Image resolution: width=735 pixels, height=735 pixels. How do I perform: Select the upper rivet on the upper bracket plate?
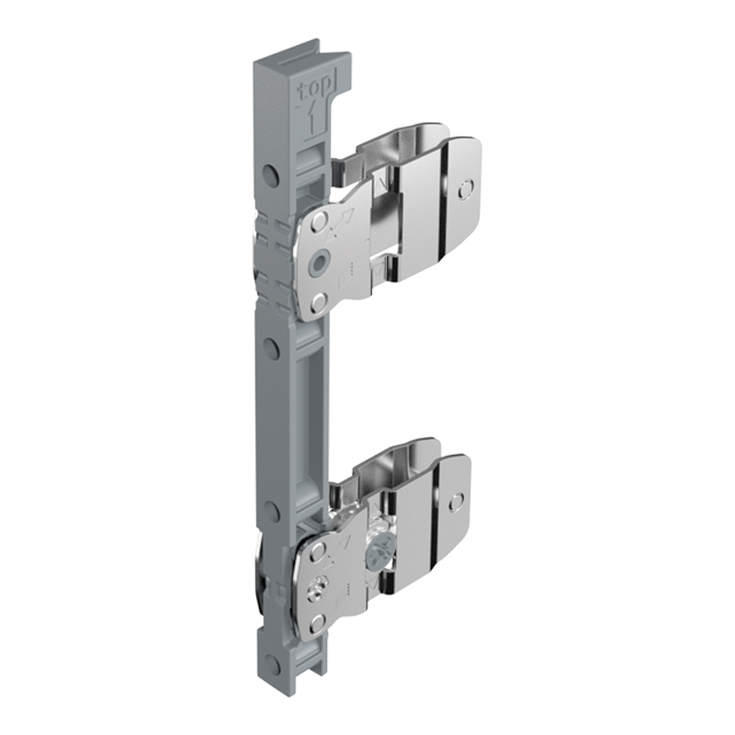pyautogui.click(x=320, y=220)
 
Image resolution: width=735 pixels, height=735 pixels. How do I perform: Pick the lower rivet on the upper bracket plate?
pyautogui.click(x=319, y=302)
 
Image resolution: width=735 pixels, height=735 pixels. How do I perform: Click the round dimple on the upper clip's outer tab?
pyautogui.click(x=467, y=189)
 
